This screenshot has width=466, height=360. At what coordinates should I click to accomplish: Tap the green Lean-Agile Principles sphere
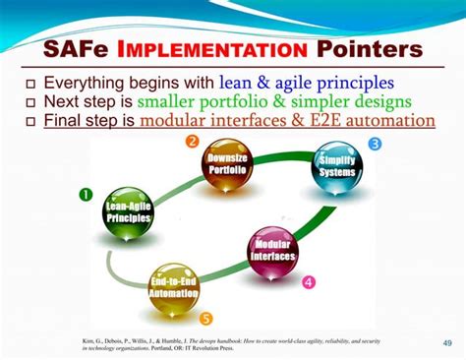128,210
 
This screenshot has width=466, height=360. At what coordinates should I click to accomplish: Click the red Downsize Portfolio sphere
226,164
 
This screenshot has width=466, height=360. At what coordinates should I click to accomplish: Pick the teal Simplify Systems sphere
336,165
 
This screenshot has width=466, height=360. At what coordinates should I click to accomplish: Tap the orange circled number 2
193,142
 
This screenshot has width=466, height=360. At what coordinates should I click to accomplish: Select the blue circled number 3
375,144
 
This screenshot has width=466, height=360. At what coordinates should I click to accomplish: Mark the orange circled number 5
205,318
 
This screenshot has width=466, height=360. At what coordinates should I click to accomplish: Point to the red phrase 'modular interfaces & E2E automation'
287,121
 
